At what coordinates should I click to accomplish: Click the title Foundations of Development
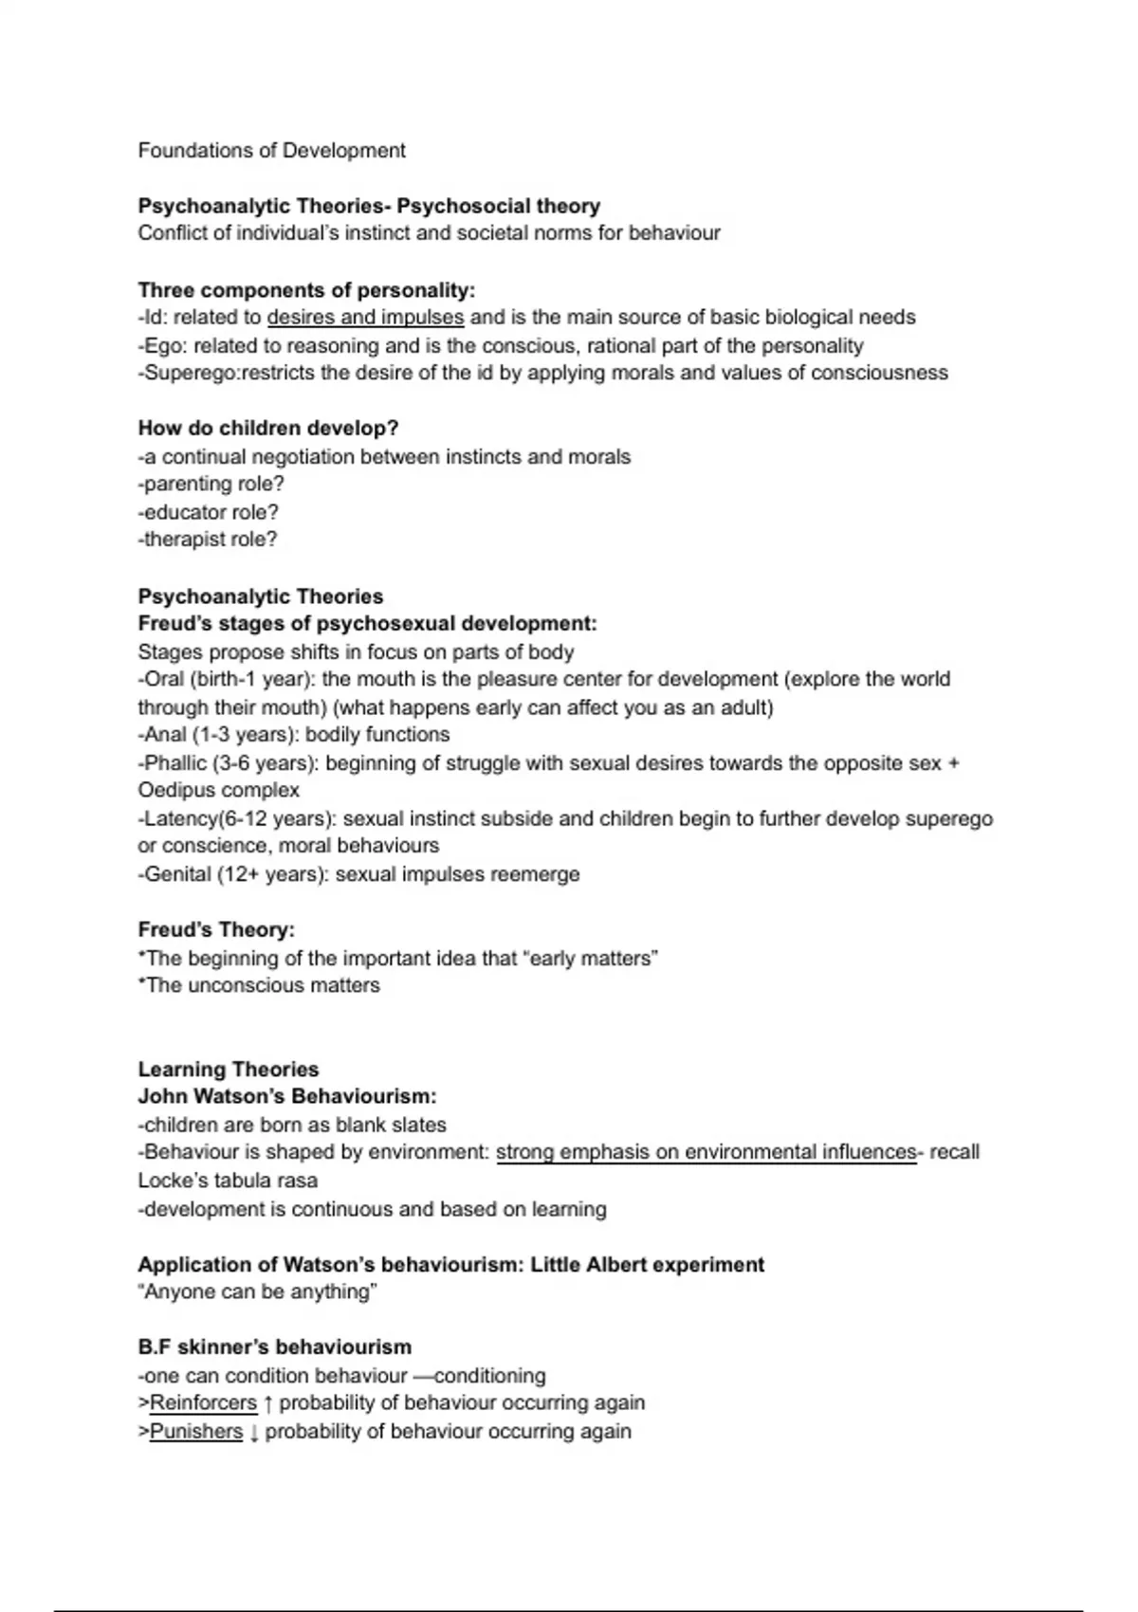coord(271,151)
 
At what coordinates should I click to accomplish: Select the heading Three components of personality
coord(306,290)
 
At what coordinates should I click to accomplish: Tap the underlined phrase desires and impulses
coord(365,318)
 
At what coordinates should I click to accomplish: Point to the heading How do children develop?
coord(268,429)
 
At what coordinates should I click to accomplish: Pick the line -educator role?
coord(208,512)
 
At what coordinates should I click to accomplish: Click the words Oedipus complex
coord(218,791)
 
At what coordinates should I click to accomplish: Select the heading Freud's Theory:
coord(216,930)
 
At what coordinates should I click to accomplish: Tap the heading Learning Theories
coord(228,1070)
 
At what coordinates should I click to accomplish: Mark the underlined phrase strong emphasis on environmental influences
coord(706,1153)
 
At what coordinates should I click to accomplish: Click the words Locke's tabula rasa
coord(228,1182)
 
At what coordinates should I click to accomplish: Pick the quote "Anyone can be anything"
coord(257,1292)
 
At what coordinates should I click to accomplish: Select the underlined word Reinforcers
coord(203,1403)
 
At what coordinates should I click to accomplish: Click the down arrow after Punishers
coord(254,1432)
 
